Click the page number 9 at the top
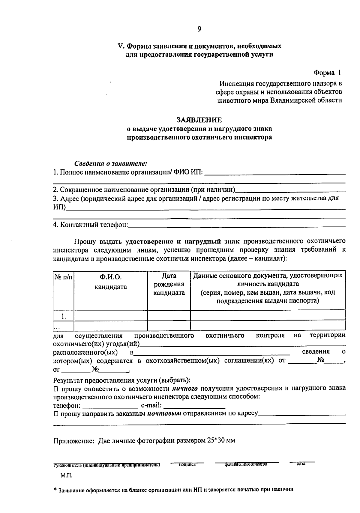tap(199, 29)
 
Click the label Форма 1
tap(327, 73)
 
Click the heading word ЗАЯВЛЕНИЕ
tap(199, 120)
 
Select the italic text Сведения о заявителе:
tap(111, 163)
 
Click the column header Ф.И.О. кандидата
tap(110, 282)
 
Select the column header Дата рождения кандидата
tap(169, 284)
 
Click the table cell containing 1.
tap(63, 316)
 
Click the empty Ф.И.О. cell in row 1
tap(110, 315)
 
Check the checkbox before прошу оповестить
tap(56, 389)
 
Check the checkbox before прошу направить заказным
tap(56, 414)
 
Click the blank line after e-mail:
tap(194, 407)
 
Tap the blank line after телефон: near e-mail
tap(110, 407)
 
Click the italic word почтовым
tap(164, 414)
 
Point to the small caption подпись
tap(187, 465)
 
